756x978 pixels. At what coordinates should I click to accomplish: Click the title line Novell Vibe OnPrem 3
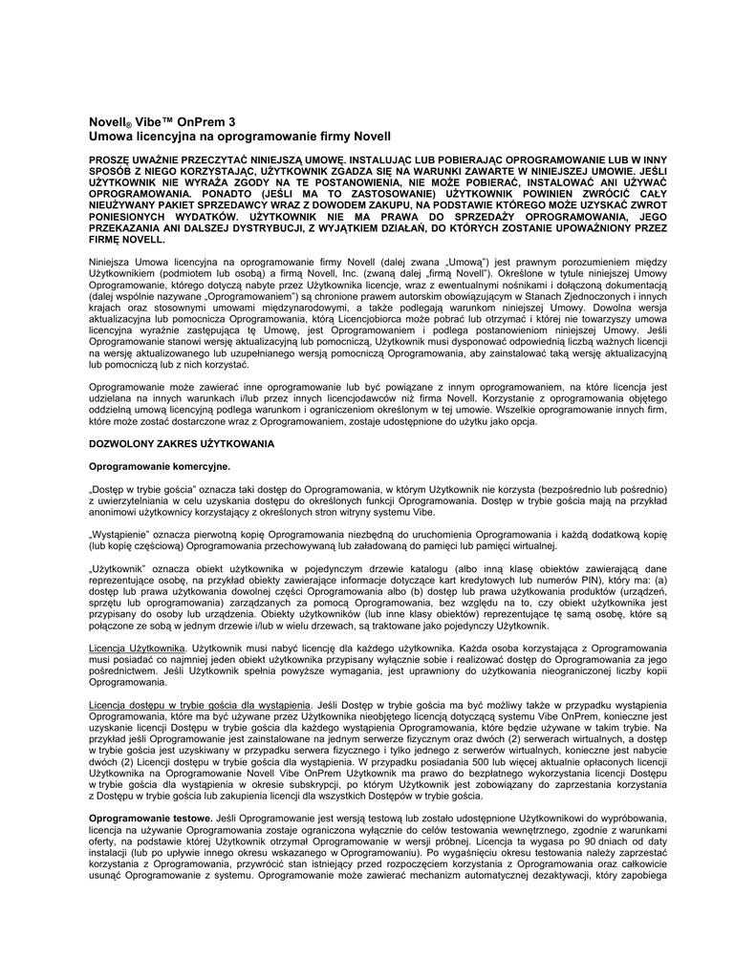(162, 122)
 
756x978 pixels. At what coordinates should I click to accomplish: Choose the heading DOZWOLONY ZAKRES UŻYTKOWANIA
(182, 444)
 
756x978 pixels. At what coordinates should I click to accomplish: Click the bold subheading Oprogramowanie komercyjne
(160, 466)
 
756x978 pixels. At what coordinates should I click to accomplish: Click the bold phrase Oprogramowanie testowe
(149, 819)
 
